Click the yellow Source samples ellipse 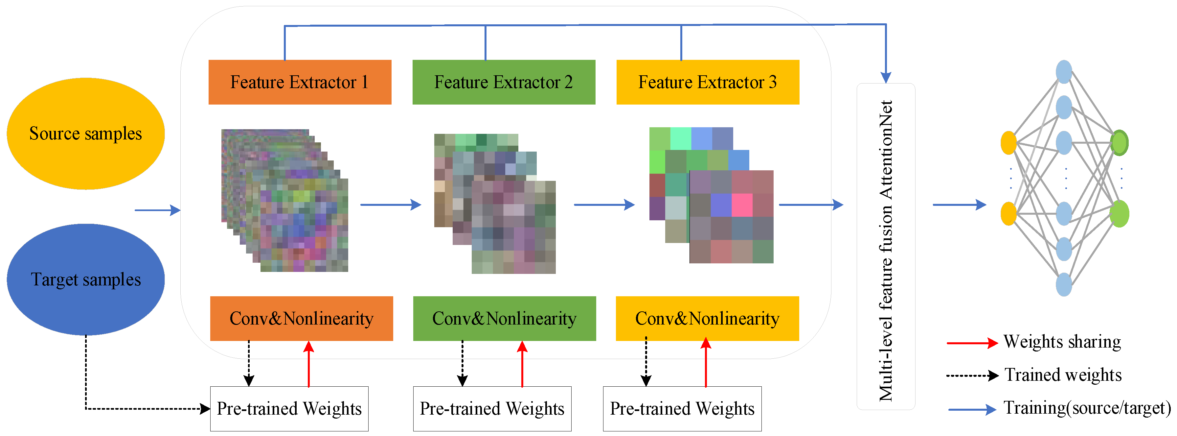(x=85, y=133)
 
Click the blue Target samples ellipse (x=85, y=279)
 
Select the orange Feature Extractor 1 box (x=300, y=82)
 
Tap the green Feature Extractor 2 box (x=504, y=82)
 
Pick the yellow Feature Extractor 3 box (x=707, y=82)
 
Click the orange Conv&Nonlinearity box (x=301, y=318)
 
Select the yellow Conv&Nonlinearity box (x=707, y=318)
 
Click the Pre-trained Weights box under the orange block (x=289, y=409)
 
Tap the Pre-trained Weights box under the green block (x=492, y=409)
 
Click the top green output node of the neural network (x=1119, y=143)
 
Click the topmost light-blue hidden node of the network (x=1064, y=72)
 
